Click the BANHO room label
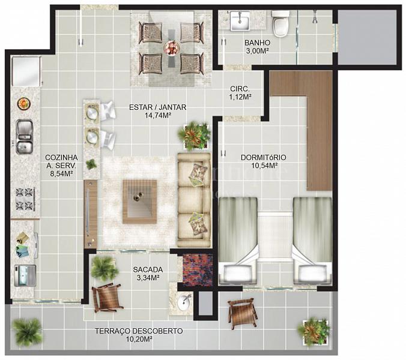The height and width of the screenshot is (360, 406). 257,43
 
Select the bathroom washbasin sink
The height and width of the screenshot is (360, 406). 240,20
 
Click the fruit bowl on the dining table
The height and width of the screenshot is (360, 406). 171,48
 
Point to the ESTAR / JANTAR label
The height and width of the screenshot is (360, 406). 158,107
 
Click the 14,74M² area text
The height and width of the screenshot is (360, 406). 158,115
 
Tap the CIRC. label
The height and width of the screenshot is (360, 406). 240,89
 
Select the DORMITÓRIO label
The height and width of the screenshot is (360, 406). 264,157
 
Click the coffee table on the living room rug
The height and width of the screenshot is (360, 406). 139,202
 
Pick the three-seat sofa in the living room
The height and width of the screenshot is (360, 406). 193,200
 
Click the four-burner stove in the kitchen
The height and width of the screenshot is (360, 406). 25,199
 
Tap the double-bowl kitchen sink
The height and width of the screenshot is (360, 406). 24,137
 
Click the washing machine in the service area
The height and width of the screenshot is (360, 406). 25,275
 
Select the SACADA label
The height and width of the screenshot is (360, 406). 148,270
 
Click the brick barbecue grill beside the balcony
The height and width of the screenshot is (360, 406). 198,269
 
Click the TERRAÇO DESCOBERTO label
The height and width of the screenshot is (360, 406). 139,331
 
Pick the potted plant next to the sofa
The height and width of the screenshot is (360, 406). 194,135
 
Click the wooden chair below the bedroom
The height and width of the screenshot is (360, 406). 243,313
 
